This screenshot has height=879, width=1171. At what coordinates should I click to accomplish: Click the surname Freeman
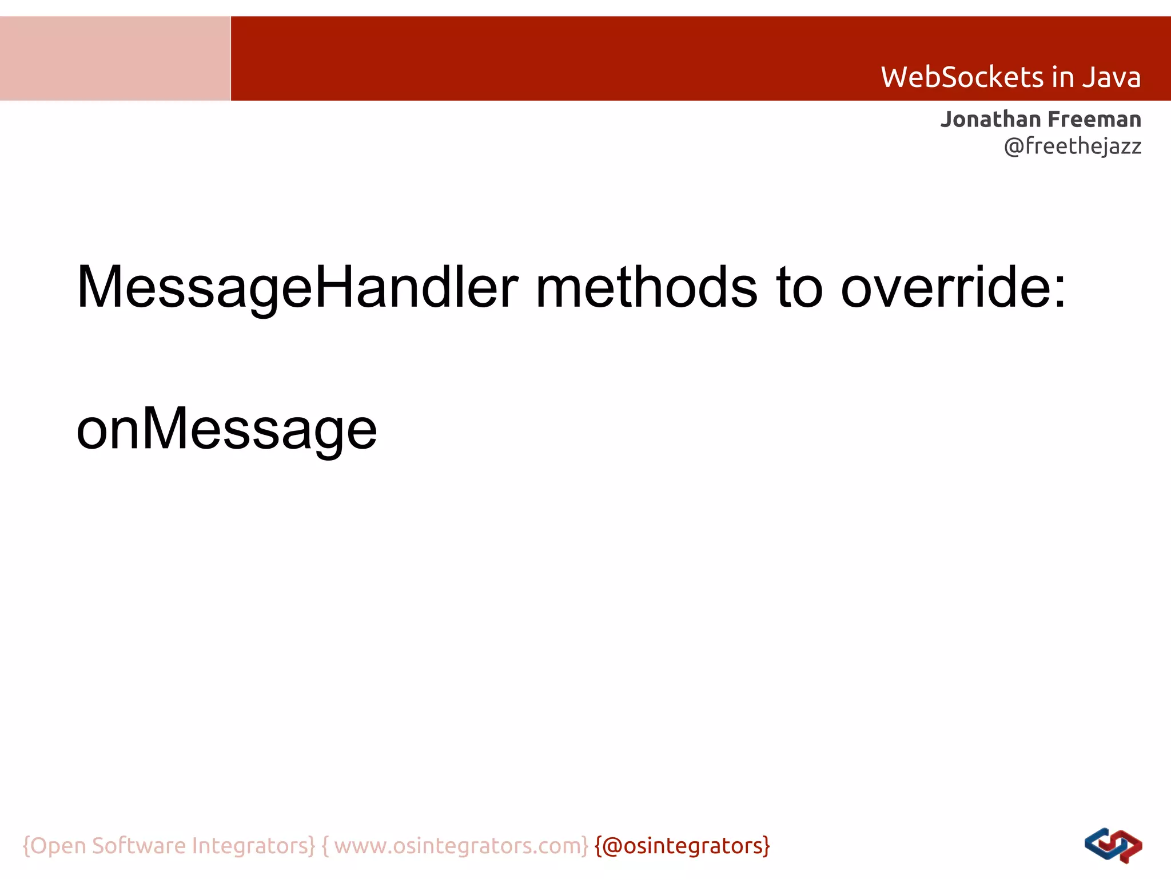point(1095,120)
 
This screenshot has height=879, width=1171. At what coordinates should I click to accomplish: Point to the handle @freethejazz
point(1072,146)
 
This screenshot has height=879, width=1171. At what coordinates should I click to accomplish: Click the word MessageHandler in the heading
point(297,287)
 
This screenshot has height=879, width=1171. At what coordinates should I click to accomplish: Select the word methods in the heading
point(646,287)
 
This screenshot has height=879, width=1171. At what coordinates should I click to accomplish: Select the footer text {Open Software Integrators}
point(169,846)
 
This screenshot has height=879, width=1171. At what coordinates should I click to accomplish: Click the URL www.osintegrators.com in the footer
point(461,846)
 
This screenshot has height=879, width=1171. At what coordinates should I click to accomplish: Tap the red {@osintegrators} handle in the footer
point(682,846)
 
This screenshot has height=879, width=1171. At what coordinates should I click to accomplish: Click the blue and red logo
point(1113,845)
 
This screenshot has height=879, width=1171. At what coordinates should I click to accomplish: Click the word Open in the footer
point(58,846)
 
